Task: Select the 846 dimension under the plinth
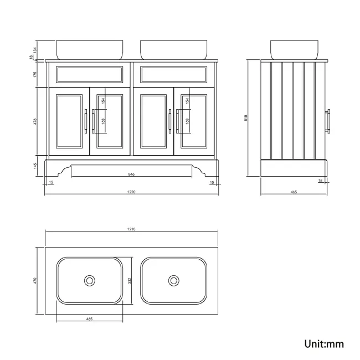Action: coord(131,174)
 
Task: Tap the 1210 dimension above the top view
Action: coord(132,229)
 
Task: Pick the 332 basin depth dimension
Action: coord(130,281)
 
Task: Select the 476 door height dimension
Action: coord(36,122)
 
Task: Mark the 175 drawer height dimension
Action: coord(36,74)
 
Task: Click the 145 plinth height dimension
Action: coord(36,166)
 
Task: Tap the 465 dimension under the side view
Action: coord(294,192)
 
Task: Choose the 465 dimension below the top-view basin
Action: coord(89,319)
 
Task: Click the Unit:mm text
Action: coord(324,344)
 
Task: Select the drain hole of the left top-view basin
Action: coord(89,281)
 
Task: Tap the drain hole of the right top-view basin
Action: coord(174,281)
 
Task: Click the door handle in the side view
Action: coord(329,122)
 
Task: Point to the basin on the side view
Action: coord(294,49)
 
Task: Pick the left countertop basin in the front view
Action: coord(89,49)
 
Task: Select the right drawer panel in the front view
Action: coord(174,74)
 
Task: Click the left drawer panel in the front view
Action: coord(89,74)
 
